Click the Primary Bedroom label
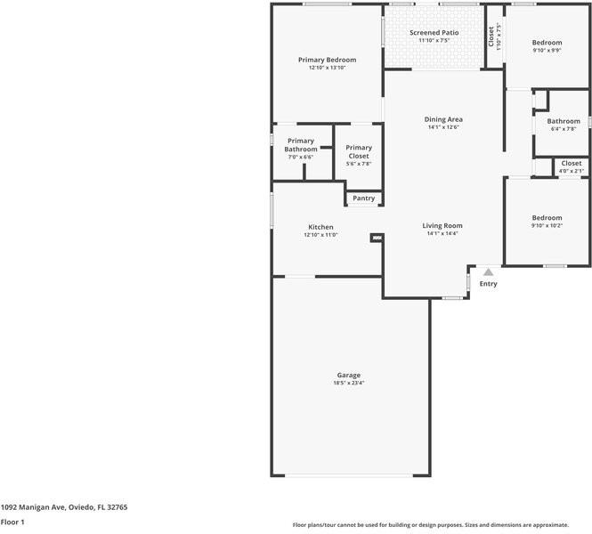click(327, 60)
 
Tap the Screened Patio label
click(434, 33)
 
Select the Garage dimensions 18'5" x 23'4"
click(348, 383)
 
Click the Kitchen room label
click(320, 227)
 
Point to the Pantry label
click(363, 198)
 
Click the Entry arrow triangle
click(487, 271)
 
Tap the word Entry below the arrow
click(489, 284)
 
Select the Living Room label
click(442, 226)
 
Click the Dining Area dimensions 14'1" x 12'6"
click(442, 127)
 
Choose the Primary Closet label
click(359, 151)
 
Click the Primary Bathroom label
click(301, 145)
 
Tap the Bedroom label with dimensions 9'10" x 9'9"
click(547, 43)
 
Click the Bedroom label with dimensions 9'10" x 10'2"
click(547, 218)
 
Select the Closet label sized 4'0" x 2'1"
click(571, 164)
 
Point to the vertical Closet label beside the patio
click(491, 36)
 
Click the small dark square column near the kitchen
click(377, 238)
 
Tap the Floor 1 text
click(12, 522)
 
